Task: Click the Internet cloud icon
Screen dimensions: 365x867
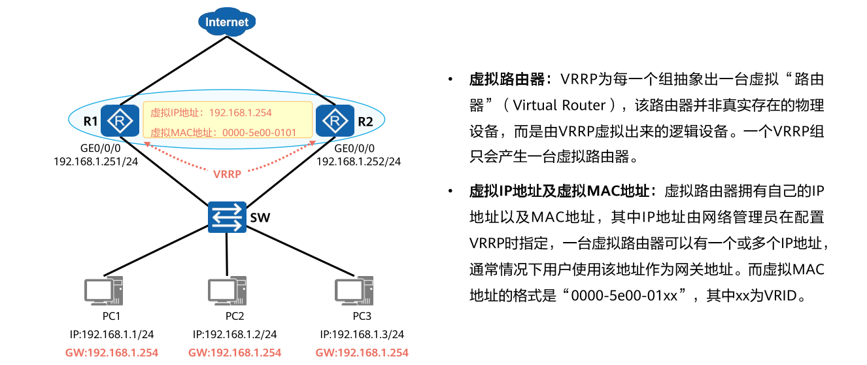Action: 227,22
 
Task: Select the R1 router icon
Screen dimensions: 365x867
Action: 120,120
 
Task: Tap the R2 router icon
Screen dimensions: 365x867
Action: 334,120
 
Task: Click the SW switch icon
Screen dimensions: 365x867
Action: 227,217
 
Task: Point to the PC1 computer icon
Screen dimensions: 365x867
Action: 105,291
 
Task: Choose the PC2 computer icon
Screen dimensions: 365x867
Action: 227,291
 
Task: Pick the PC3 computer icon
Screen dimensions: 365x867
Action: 354,291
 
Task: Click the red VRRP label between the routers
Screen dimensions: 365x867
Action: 227,174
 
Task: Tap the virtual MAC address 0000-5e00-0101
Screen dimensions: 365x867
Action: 260,132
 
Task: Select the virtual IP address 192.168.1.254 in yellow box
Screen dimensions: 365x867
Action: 241,113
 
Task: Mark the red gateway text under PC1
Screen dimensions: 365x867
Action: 112,353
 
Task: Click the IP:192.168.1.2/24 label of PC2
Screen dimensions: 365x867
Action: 235,335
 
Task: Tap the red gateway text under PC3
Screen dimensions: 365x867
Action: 362,353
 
